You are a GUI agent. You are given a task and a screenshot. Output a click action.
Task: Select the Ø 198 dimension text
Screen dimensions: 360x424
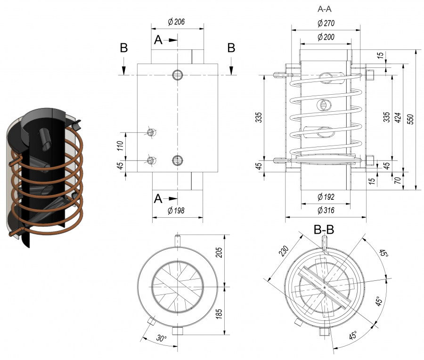click(176, 211)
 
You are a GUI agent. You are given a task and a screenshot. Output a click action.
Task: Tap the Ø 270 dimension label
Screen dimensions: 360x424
click(326, 23)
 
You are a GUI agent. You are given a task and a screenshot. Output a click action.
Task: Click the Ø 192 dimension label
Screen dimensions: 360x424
click(326, 196)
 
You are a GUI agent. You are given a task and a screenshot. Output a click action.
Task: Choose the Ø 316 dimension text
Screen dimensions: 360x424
click(326, 210)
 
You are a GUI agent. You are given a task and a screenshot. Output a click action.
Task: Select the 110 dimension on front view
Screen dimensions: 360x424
click(120, 147)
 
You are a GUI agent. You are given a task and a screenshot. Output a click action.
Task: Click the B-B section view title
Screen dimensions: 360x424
click(324, 230)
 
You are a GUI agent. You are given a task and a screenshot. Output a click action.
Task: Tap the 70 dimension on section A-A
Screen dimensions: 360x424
click(398, 180)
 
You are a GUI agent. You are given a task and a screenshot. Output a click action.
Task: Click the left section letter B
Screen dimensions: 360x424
click(123, 48)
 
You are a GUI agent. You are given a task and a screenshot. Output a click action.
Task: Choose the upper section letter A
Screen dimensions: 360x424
click(158, 41)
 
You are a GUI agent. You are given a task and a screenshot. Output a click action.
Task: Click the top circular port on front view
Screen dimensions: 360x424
click(178, 75)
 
